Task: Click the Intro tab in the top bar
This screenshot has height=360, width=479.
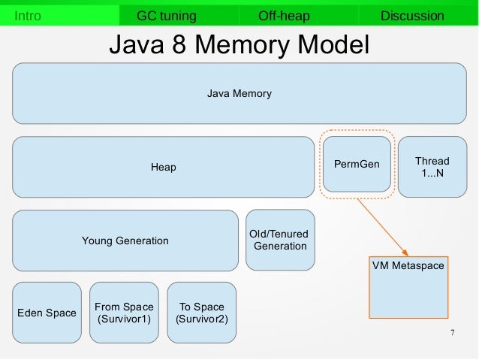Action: pos(29,16)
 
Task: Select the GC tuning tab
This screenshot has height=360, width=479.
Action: pos(166,16)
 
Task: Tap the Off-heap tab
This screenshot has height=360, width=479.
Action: pos(283,16)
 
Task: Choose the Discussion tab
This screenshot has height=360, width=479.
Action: pos(412,16)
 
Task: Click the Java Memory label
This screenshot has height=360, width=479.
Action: pos(239,94)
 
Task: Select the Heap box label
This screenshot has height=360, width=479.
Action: pos(163,167)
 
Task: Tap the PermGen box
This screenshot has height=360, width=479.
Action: pos(357,164)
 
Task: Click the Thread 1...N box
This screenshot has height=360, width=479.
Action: pos(432,167)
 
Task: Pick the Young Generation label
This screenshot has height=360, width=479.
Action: pos(125,241)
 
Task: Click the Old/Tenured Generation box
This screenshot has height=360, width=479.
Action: pos(280,240)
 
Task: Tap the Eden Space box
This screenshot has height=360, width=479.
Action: pos(46,312)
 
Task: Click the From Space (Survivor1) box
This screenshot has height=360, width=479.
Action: pos(124,313)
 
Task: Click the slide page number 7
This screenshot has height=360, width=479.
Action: pos(452,332)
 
